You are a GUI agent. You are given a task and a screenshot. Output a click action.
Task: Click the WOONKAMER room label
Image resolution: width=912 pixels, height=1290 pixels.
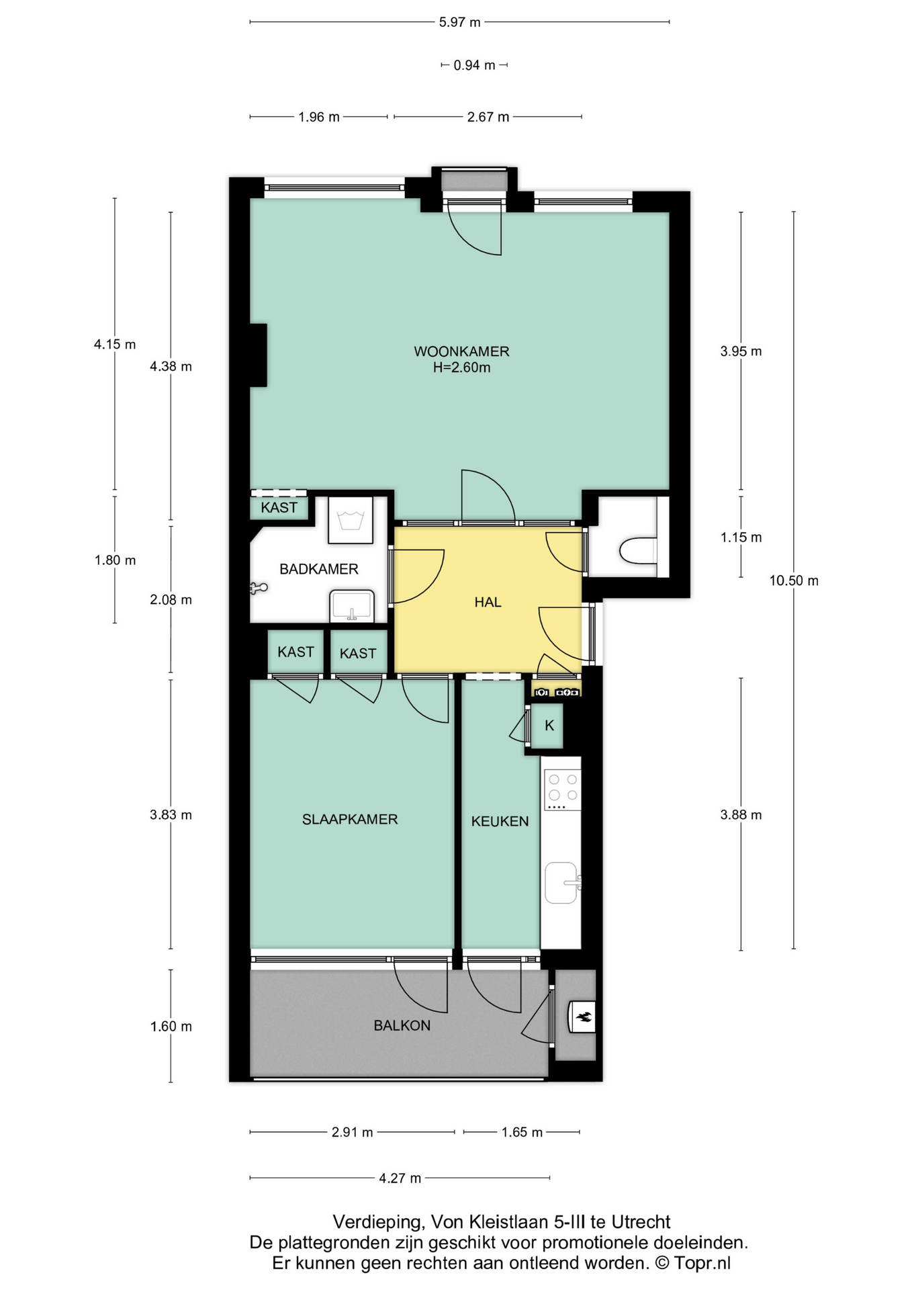(461, 351)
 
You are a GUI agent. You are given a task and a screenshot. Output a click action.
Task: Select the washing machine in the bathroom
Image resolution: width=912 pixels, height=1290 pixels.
(350, 520)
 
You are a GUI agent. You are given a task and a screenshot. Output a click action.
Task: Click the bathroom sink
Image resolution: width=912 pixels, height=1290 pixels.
(351, 606)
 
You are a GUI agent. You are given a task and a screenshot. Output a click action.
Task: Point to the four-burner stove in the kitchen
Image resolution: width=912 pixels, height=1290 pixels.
(562, 789)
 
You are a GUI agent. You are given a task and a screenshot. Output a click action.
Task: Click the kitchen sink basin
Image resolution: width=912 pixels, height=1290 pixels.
(561, 883)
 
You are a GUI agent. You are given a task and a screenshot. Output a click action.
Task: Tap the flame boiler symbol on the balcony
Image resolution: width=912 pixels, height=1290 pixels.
(582, 1017)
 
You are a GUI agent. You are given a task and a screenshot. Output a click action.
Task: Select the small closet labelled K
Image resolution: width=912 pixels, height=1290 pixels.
(549, 726)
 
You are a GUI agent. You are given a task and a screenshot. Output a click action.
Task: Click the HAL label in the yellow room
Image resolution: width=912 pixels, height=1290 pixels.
(488, 602)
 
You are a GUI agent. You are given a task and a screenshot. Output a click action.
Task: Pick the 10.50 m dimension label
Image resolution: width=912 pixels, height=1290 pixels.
(794, 580)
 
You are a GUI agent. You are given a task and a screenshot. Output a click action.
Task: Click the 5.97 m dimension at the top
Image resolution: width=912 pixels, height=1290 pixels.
(460, 22)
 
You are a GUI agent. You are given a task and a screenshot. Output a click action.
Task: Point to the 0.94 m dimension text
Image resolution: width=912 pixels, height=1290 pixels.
(474, 65)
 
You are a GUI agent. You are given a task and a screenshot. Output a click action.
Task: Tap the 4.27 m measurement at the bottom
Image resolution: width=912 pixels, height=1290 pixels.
(400, 1178)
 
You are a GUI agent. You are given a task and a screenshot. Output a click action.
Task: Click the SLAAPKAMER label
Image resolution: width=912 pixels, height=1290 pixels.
(350, 819)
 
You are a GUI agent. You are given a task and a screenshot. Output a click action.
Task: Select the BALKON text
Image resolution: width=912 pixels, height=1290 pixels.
(402, 1025)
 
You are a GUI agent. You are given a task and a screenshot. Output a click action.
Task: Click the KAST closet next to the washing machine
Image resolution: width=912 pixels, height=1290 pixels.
(279, 507)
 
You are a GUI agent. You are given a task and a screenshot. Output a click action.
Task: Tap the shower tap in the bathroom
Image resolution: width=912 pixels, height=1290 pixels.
(259, 589)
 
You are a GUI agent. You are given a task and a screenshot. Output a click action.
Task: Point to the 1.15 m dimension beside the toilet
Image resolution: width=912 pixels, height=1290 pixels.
(741, 537)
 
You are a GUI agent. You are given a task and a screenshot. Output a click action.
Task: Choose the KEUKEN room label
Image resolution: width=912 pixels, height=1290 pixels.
(500, 821)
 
